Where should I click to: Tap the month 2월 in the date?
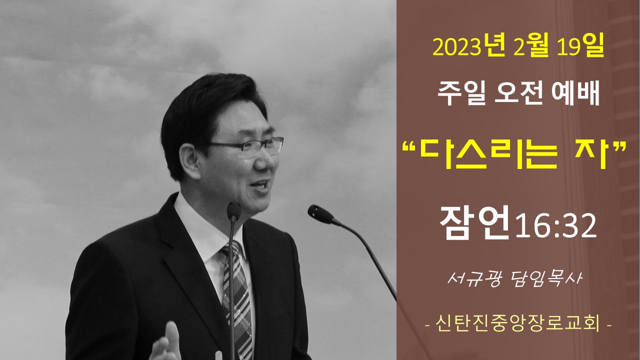pos(531,48)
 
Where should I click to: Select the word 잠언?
pos(474,222)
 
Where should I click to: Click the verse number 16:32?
pos(555,226)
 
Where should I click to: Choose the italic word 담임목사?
pos(545,278)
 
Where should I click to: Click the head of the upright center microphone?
pos(233,211)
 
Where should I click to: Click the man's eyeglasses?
pos(245,146)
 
